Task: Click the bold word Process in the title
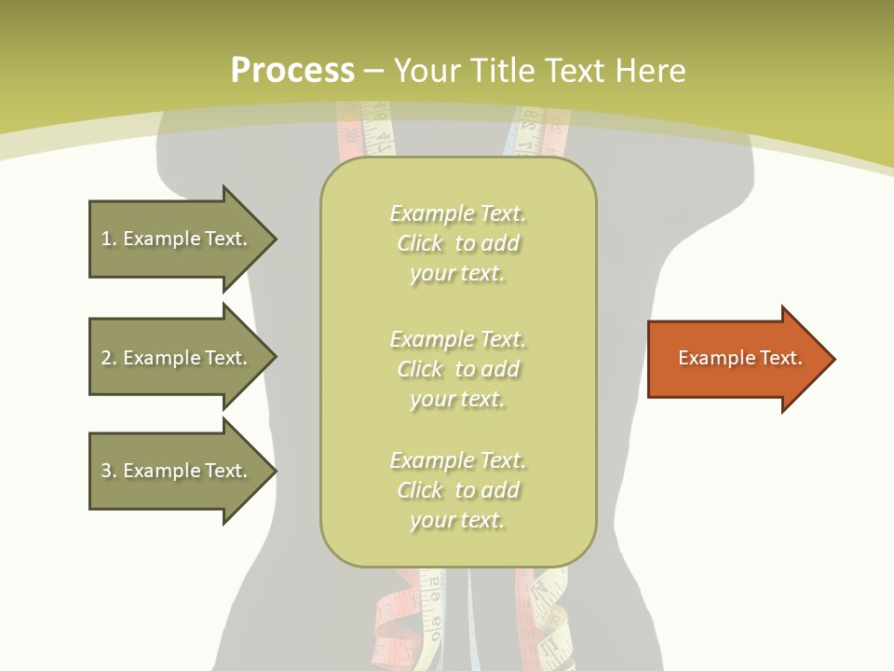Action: pos(292,71)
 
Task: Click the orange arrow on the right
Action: pos(736,359)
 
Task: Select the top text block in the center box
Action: pos(457,243)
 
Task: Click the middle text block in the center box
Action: pos(457,369)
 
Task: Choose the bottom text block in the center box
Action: pos(457,490)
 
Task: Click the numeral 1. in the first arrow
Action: pos(108,240)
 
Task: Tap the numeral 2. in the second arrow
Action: pos(108,358)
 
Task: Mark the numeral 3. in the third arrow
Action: pos(108,471)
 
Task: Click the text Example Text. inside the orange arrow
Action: pos(739,358)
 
